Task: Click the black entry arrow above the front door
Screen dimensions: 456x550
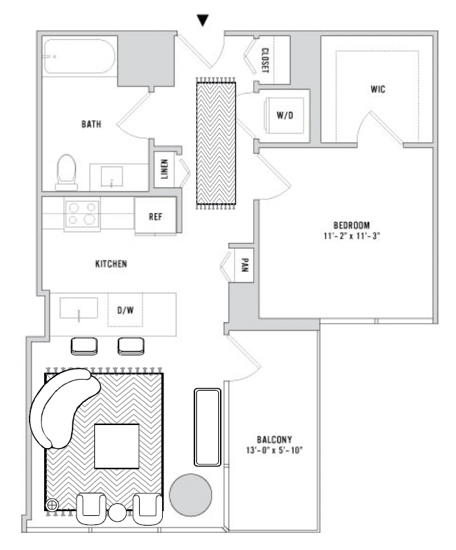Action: pyautogui.click(x=203, y=20)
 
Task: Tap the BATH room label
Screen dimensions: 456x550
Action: pyautogui.click(x=92, y=124)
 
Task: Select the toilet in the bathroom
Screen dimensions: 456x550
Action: pyautogui.click(x=67, y=172)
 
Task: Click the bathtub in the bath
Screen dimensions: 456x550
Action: pyautogui.click(x=79, y=56)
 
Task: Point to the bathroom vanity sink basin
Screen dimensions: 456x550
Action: pyautogui.click(x=112, y=176)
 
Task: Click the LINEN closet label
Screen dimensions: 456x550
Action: pyautogui.click(x=164, y=169)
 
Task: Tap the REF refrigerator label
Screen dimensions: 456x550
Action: pyautogui.click(x=156, y=216)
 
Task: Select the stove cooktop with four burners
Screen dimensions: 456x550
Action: pyautogui.click(x=82, y=214)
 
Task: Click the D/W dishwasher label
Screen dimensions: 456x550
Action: pyautogui.click(x=125, y=310)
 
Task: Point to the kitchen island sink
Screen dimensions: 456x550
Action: pyautogui.click(x=78, y=309)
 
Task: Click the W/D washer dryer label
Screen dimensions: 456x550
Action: pyautogui.click(x=285, y=115)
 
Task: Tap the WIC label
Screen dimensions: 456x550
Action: pyautogui.click(x=378, y=89)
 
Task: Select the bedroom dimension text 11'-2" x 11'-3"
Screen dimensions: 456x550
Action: pyautogui.click(x=352, y=236)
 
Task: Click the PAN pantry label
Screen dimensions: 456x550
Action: pyautogui.click(x=245, y=265)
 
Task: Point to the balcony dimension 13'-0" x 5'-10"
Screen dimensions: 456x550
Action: pyautogui.click(x=274, y=450)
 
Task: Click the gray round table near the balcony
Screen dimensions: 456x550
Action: pyautogui.click(x=190, y=495)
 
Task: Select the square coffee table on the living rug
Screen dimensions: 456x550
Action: pyautogui.click(x=117, y=446)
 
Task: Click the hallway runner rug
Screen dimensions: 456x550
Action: pyautogui.click(x=216, y=143)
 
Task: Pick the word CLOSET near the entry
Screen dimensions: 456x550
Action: pyautogui.click(x=266, y=61)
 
